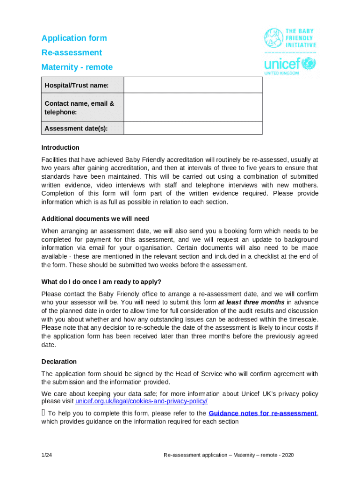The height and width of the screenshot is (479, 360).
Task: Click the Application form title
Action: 74,38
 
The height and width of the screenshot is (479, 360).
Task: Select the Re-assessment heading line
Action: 72,52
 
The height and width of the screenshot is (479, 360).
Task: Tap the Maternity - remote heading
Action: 77,67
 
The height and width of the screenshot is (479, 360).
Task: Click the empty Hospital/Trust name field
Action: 193,85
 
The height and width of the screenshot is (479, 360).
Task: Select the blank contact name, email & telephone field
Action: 193,108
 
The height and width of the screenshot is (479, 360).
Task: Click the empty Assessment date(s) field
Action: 193,128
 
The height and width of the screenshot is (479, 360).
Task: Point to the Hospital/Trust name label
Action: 76,85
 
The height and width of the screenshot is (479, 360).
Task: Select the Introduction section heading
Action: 60,147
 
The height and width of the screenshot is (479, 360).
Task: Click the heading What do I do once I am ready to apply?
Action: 101,282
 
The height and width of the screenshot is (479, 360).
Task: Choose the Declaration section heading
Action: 59,362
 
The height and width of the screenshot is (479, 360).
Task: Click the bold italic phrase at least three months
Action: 251,302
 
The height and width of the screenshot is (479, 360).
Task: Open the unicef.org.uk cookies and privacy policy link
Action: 141,401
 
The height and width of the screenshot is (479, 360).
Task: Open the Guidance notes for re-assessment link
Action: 263,413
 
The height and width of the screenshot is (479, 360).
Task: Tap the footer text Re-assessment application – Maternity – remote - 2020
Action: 229,455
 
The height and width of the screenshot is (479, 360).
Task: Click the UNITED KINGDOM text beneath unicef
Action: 281,73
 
